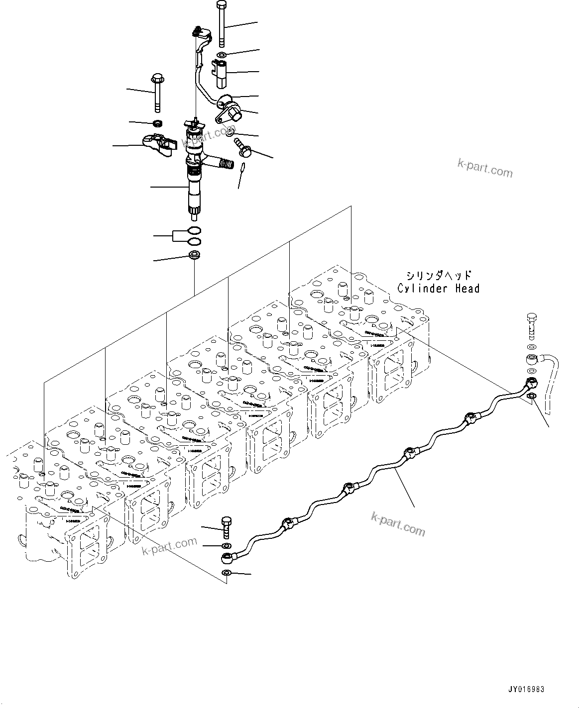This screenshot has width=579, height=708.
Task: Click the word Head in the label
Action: tap(465, 288)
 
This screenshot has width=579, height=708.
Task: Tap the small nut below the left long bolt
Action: tap(158, 123)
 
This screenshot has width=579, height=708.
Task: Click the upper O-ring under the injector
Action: tap(195, 231)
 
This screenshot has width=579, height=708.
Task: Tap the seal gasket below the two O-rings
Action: tap(194, 256)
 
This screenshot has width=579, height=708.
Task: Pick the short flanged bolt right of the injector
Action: tap(243, 145)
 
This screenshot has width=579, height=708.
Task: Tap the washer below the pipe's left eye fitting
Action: tap(227, 572)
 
